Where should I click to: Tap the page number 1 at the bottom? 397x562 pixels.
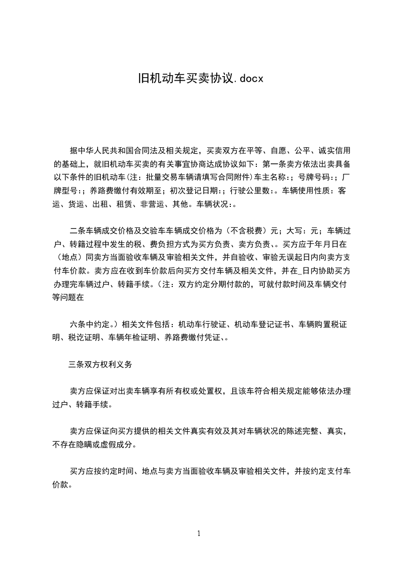pyautogui.click(x=199, y=533)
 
